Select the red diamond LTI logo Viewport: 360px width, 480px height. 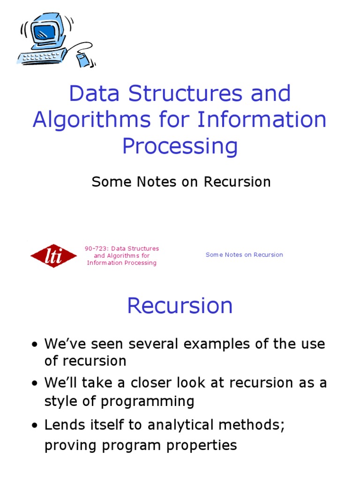coord(53,256)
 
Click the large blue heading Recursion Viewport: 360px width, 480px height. coord(180,306)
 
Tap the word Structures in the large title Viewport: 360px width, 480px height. coord(186,93)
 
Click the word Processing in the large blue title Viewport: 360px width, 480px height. coord(180,146)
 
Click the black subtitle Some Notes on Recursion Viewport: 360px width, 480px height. coord(181,182)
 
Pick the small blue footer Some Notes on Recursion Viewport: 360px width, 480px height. coord(244,255)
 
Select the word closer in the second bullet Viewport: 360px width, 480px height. coord(145,382)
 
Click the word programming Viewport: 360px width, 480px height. coord(148,402)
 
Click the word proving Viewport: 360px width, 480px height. coord(70,445)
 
